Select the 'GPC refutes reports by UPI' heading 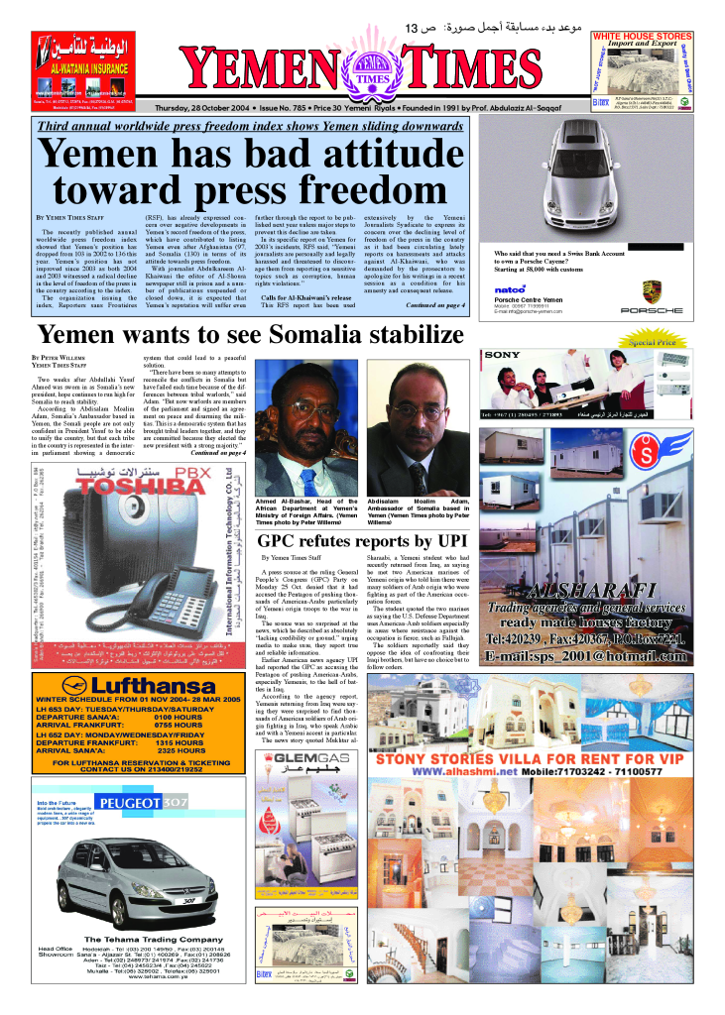360,541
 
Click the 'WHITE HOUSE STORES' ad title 642,37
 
